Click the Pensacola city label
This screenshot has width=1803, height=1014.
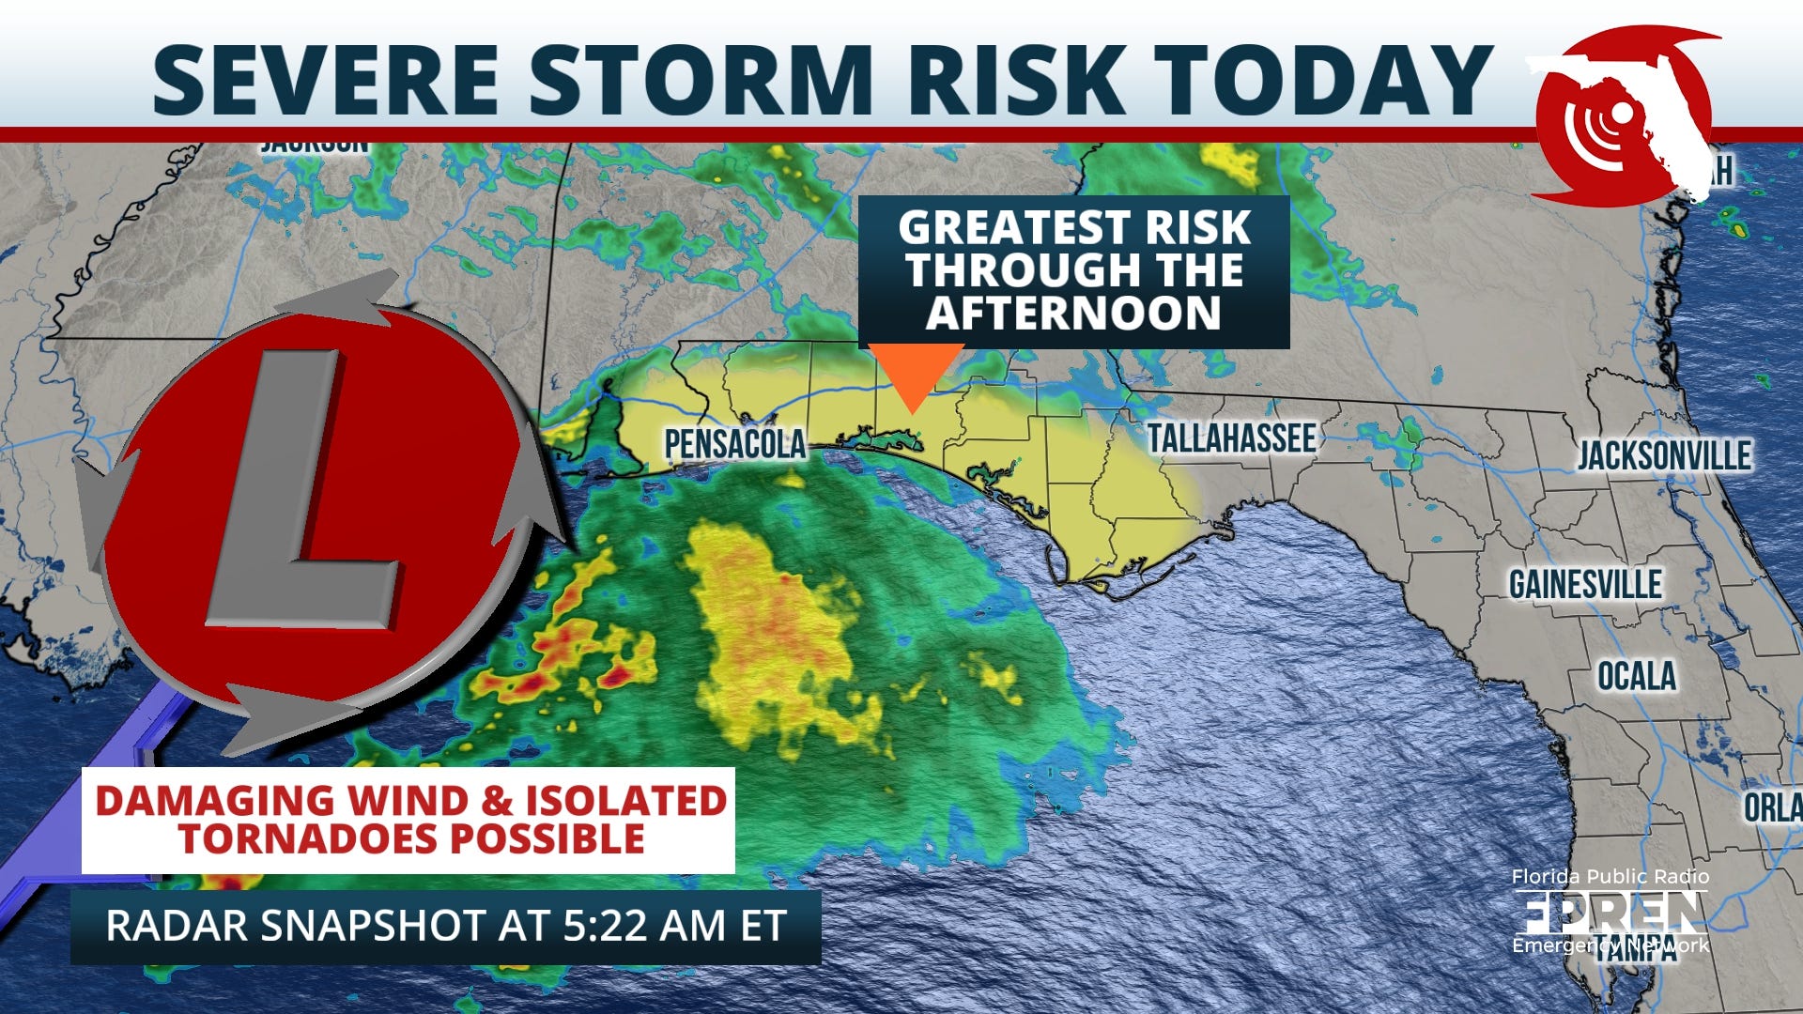[x=734, y=444]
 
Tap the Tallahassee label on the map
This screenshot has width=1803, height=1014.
[x=1231, y=438]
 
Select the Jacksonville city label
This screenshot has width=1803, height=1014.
[x=1664, y=456]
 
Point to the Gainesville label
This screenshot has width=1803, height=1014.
[x=1585, y=585]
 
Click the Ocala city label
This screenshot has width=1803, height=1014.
[x=1637, y=676]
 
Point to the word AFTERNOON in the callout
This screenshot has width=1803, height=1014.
[x=1073, y=313]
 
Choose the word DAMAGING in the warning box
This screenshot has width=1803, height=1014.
[x=215, y=801]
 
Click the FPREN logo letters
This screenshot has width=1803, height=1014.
[x=1609, y=911]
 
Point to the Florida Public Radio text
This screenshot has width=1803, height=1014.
[x=1610, y=877]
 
